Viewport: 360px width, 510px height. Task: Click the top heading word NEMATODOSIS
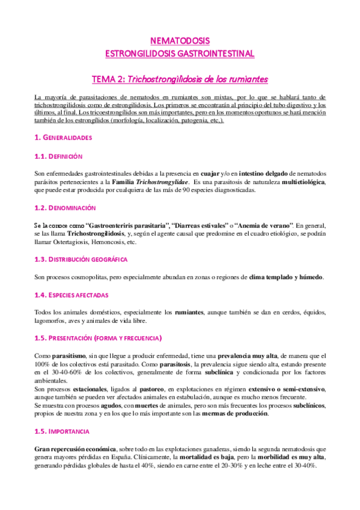(x=180, y=41)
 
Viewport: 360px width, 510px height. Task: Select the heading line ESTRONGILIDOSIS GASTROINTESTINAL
(x=180, y=54)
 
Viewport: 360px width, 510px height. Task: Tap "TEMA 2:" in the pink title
(x=109, y=79)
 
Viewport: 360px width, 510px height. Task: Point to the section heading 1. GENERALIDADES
(x=63, y=138)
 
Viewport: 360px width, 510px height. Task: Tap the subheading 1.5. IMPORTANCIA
(x=62, y=415)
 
